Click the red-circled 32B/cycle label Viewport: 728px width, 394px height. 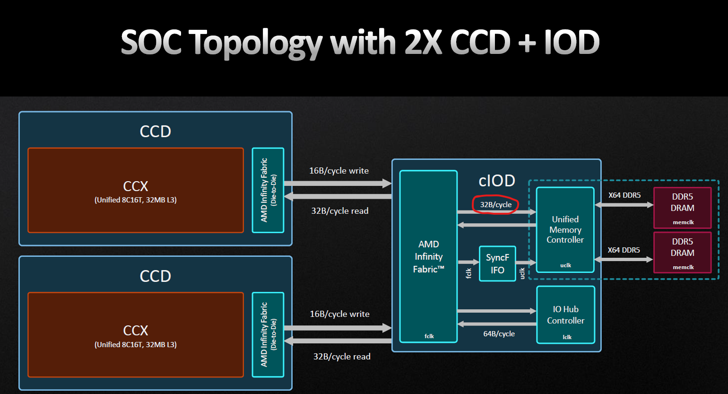click(496, 205)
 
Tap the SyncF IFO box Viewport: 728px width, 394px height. click(497, 263)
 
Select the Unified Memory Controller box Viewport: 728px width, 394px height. click(565, 229)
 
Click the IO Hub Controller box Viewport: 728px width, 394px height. click(565, 315)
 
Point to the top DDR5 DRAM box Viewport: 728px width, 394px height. click(682, 207)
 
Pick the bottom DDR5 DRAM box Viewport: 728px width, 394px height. click(682, 252)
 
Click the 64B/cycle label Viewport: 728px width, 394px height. click(499, 334)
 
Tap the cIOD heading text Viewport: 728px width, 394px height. click(497, 181)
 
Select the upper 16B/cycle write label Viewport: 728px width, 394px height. click(339, 171)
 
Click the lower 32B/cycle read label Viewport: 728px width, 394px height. click(342, 357)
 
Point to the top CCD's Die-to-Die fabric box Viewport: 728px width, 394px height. click(268, 190)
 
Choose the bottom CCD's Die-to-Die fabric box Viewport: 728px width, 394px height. click(268, 334)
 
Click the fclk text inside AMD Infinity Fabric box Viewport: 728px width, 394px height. click(429, 336)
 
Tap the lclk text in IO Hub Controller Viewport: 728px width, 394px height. click(567, 337)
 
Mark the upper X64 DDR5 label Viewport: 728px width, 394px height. click(624, 195)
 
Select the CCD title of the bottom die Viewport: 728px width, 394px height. click(155, 276)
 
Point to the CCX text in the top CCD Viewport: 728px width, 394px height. click(136, 186)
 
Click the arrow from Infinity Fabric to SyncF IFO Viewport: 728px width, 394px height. click(468, 262)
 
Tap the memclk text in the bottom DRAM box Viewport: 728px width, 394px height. click(683, 267)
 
